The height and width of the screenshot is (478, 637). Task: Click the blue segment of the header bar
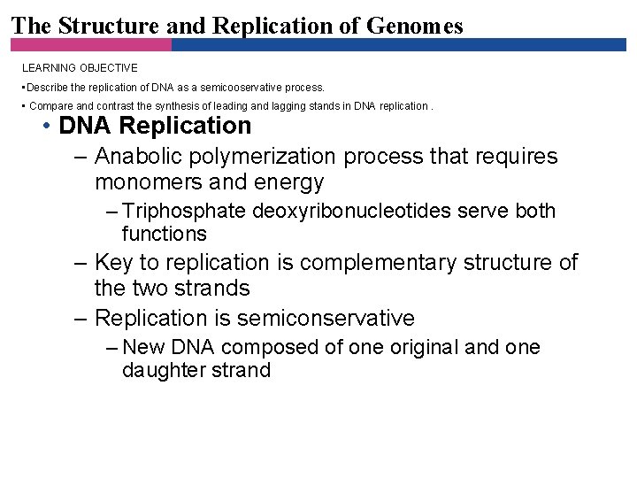pos(398,44)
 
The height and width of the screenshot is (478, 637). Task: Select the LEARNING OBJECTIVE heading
pos(80,67)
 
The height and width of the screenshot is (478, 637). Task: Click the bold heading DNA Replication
pos(155,126)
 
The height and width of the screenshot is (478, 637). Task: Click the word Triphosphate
pos(185,211)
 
